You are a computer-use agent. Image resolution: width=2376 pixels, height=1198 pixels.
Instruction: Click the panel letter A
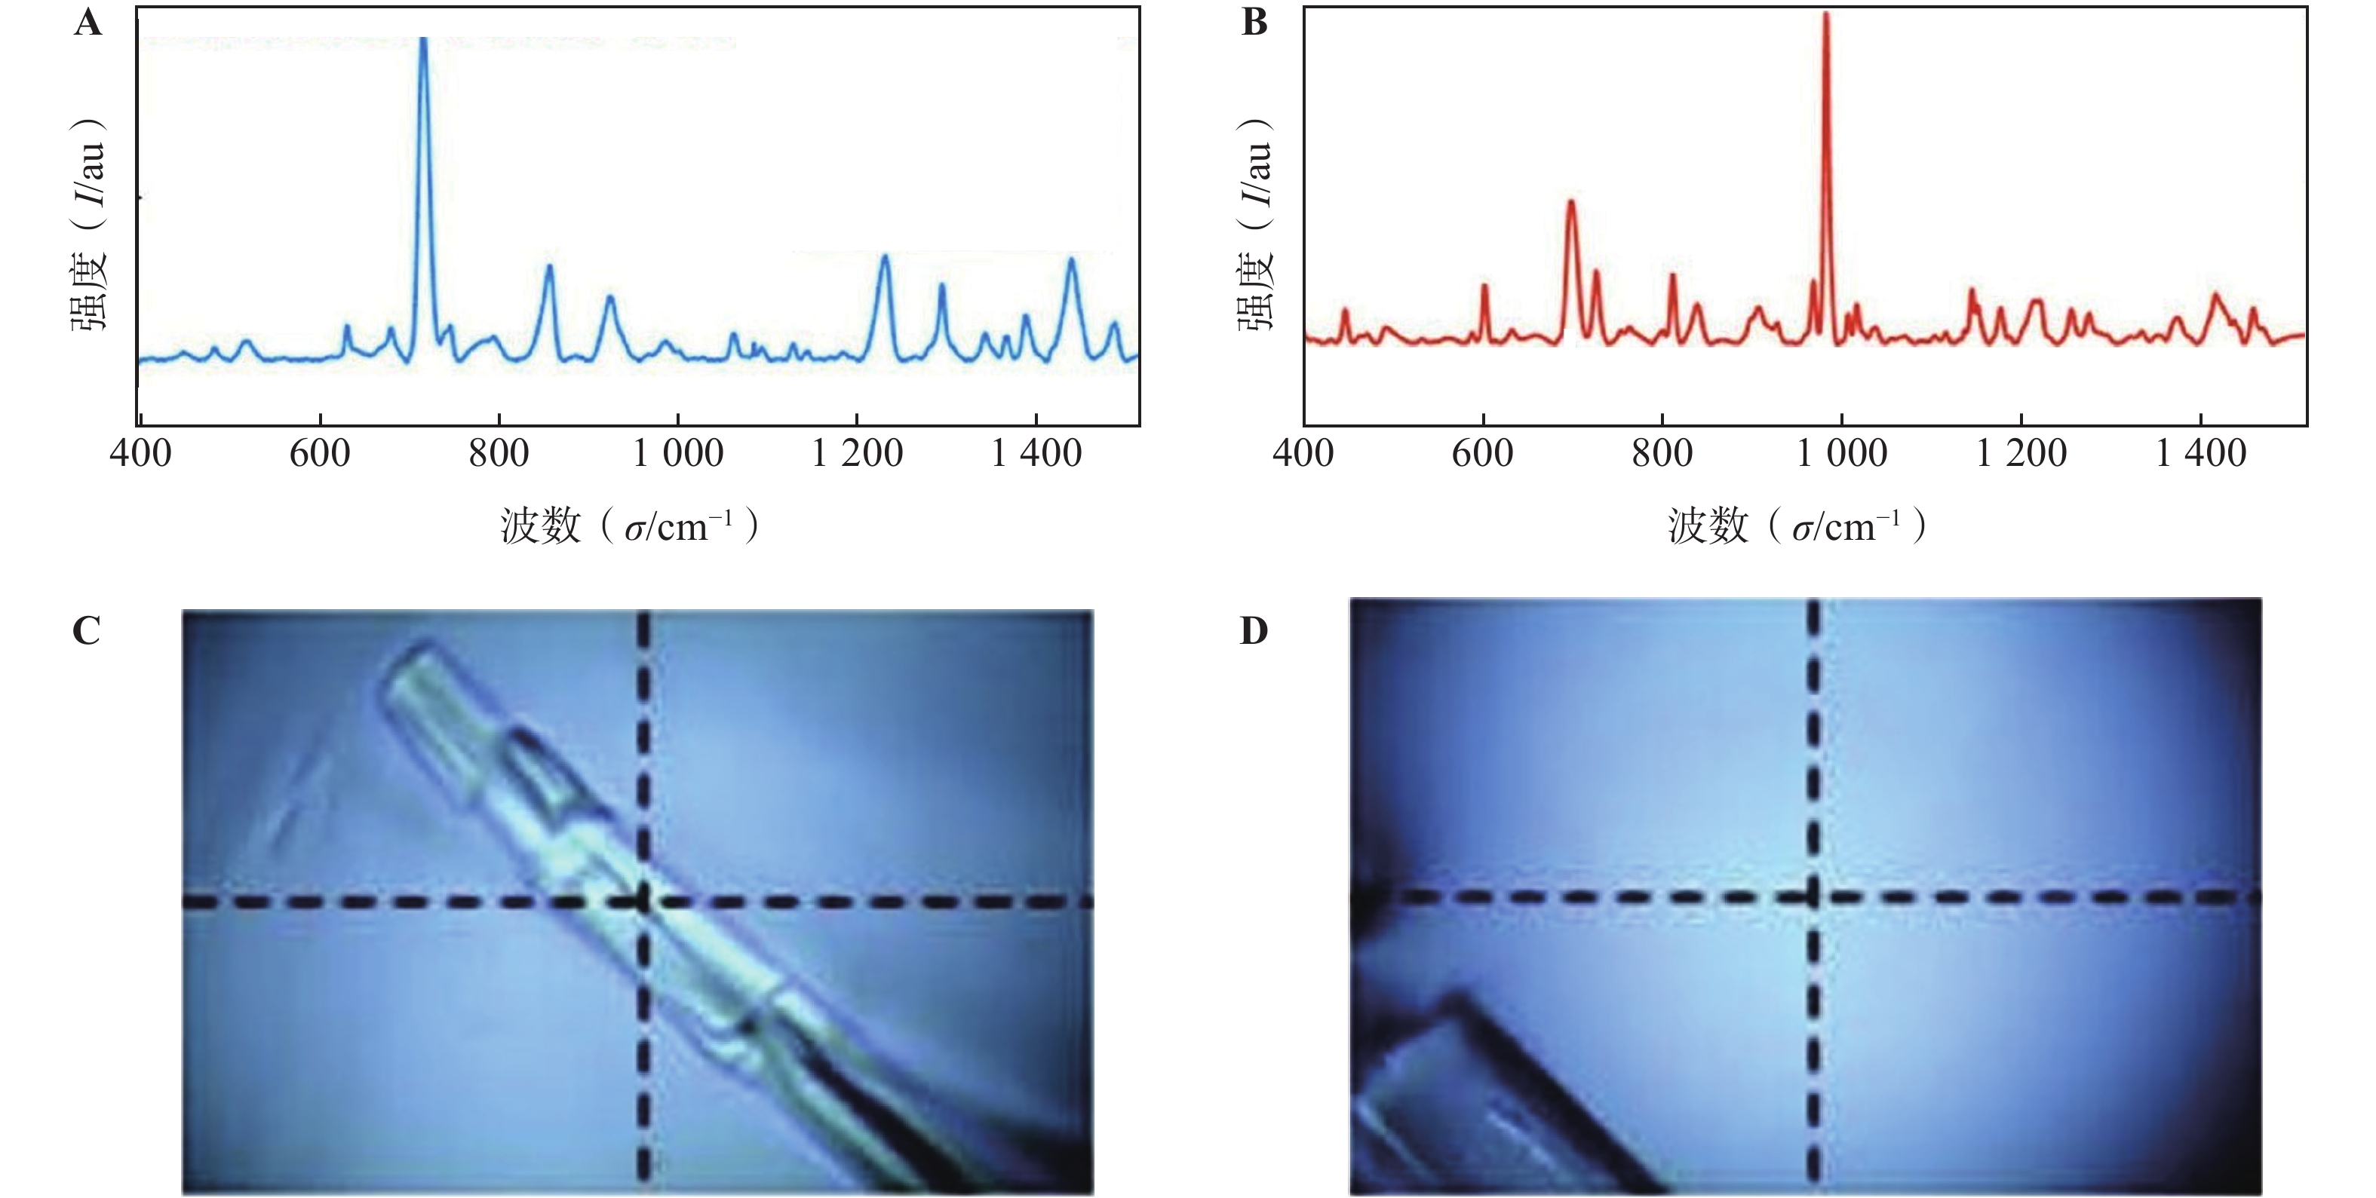coord(87,22)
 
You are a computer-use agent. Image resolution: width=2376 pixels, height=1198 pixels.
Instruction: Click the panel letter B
coord(1254,22)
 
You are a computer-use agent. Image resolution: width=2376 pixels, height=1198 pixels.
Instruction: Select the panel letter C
coord(86,631)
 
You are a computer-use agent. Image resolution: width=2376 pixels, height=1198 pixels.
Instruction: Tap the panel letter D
coord(1254,631)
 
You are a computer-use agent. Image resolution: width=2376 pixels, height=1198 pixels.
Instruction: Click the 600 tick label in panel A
coord(319,454)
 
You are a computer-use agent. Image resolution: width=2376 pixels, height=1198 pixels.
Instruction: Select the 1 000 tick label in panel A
coord(678,454)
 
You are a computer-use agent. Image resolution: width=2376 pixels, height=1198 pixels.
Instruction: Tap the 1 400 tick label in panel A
coord(1036,454)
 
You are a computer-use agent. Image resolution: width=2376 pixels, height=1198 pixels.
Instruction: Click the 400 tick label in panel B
coord(1303,454)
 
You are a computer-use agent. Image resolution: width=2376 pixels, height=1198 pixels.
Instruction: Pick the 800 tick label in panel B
coord(1662,454)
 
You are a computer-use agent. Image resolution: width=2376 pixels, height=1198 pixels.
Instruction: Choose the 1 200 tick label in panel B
coord(2021,454)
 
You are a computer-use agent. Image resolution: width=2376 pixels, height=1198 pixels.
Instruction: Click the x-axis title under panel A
coord(630,526)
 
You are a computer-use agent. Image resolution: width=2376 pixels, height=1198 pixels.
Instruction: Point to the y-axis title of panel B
coord(1255,226)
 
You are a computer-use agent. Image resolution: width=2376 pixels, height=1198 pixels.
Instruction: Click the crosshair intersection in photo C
coord(644,901)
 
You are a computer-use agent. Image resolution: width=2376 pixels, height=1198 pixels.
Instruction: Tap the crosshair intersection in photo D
coord(1813,896)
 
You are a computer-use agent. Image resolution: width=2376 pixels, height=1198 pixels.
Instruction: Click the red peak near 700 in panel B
coord(1570,202)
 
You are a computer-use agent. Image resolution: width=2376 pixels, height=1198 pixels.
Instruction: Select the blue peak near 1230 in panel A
coord(885,256)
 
